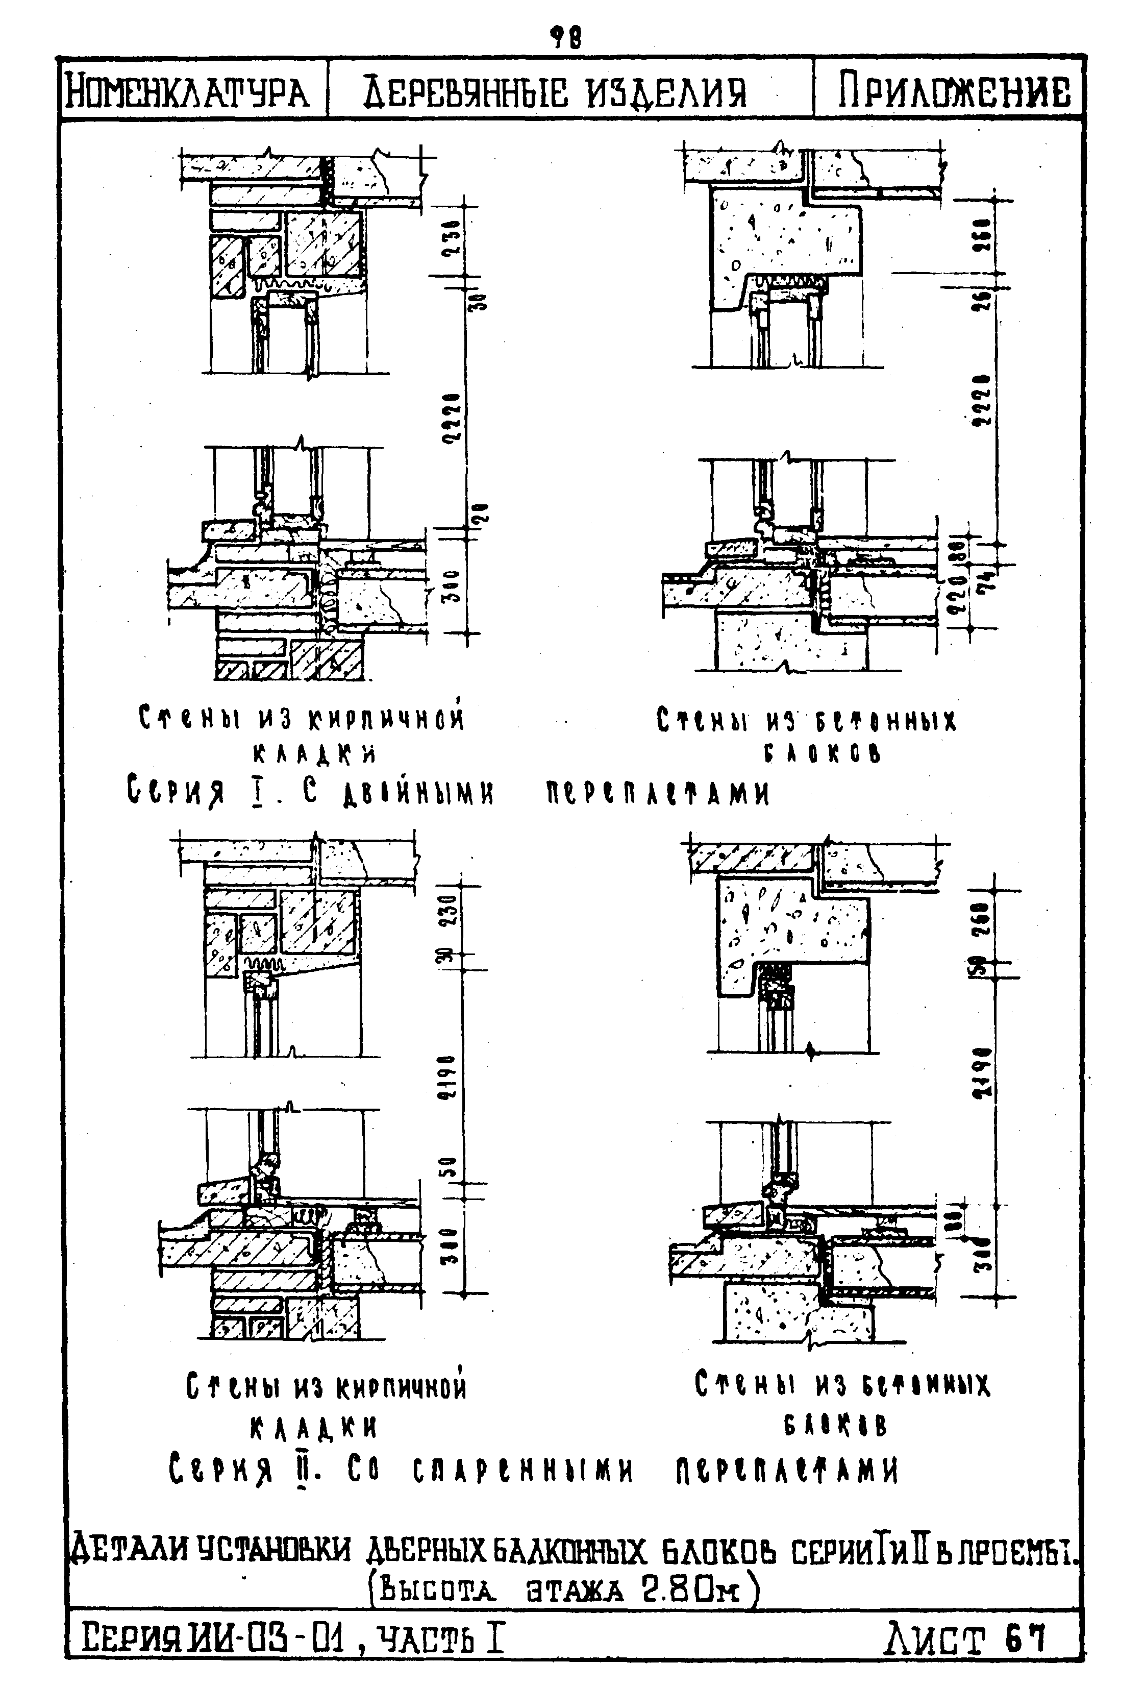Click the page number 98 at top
pyautogui.click(x=565, y=36)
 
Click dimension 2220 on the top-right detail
pyautogui.click(x=983, y=400)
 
